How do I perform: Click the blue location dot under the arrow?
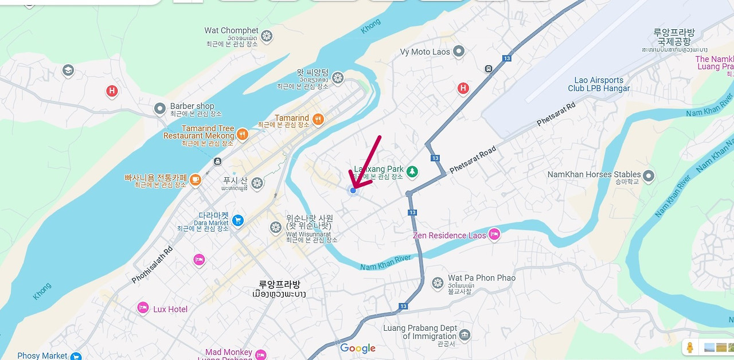pyautogui.click(x=353, y=190)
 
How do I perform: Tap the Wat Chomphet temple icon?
pyautogui.click(x=266, y=36)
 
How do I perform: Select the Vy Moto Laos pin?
pyautogui.click(x=458, y=52)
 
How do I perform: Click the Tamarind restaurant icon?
pyautogui.click(x=318, y=119)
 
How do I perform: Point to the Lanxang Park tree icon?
pyautogui.click(x=412, y=171)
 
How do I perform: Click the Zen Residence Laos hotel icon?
pyautogui.click(x=494, y=234)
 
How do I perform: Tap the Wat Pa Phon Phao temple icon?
pyautogui.click(x=438, y=283)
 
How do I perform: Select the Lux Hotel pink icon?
pyautogui.click(x=143, y=308)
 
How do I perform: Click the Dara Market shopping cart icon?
pyautogui.click(x=238, y=220)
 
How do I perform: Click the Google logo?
pyautogui.click(x=358, y=348)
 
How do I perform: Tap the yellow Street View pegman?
pyautogui.click(x=690, y=347)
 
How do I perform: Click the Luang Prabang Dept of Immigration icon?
pyautogui.click(x=465, y=334)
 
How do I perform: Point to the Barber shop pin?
pyautogui.click(x=160, y=108)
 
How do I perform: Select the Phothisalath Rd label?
pyautogui.click(x=152, y=265)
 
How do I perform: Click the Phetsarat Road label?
pyautogui.click(x=473, y=160)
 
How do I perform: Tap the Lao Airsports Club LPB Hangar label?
pyautogui.click(x=599, y=84)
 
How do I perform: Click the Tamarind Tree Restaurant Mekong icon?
pyautogui.click(x=243, y=134)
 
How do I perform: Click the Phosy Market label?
pyautogui.click(x=42, y=355)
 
